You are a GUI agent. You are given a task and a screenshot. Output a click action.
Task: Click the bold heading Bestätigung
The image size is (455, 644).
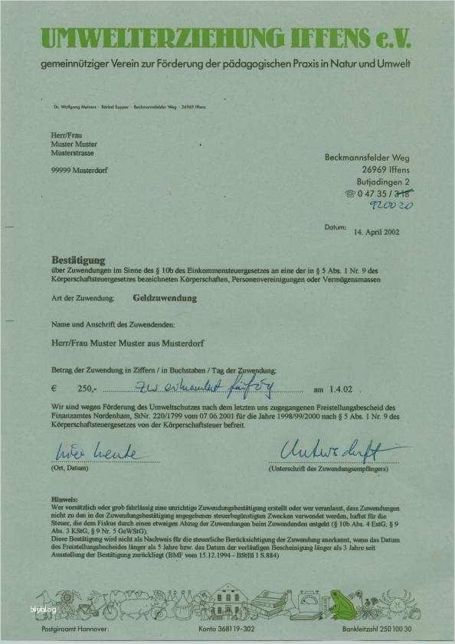[x=78, y=261]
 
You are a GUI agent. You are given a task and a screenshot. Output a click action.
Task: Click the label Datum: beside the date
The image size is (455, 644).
[x=336, y=227]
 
